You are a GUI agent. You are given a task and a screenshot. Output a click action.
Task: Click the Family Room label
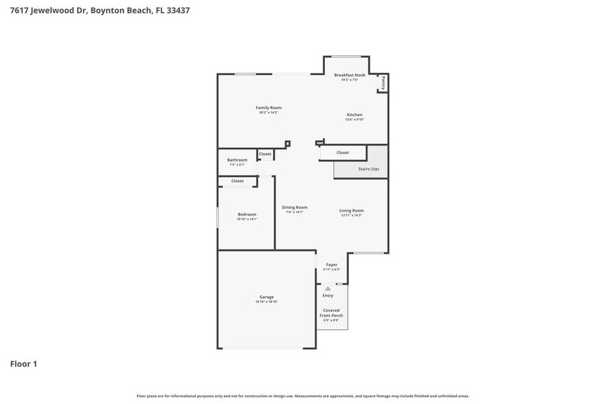tap(269, 108)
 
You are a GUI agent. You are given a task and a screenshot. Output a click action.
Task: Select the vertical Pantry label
tap(383, 83)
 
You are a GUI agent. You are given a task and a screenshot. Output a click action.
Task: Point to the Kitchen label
tap(354, 115)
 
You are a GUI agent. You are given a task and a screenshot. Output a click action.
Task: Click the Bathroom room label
tap(237, 160)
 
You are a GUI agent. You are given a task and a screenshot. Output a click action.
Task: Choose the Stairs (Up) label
tap(368, 168)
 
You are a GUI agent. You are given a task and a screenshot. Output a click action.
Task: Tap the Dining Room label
tap(294, 207)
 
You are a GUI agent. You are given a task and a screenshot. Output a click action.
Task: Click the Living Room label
tap(351, 211)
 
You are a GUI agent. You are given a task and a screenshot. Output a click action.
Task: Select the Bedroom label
tap(246, 214)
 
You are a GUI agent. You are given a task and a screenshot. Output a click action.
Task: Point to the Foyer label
tap(331, 265)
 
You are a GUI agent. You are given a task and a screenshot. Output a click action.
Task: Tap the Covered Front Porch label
tap(331, 313)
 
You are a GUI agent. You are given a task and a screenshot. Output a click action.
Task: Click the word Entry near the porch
tap(328, 295)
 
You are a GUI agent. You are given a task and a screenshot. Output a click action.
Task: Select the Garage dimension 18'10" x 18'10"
tap(267, 302)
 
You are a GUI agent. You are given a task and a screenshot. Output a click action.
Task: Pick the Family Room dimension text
tap(269, 113)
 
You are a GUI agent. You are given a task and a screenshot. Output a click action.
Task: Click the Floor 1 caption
tap(23, 363)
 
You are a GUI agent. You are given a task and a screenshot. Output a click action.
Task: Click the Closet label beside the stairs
tap(342, 153)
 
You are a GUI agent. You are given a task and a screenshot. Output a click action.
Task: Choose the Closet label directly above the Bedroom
tap(237, 181)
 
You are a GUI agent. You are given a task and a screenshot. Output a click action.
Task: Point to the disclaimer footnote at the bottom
tap(302, 396)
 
